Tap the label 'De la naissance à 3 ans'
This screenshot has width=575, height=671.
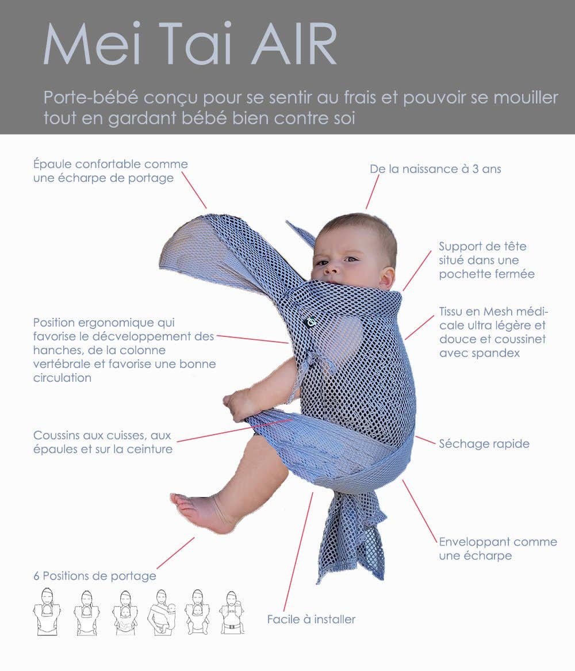coord(435,169)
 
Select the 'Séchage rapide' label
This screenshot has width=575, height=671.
coord(484,443)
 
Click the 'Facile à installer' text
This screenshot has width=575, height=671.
coord(311,619)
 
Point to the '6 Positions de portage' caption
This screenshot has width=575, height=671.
coord(94,576)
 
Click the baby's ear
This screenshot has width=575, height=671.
coord(387,277)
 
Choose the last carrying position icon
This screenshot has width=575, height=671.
coord(232,612)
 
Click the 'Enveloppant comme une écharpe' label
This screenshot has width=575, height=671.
coord(497,549)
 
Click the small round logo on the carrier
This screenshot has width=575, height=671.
coord(310,323)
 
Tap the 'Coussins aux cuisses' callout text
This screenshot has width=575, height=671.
coord(102,442)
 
